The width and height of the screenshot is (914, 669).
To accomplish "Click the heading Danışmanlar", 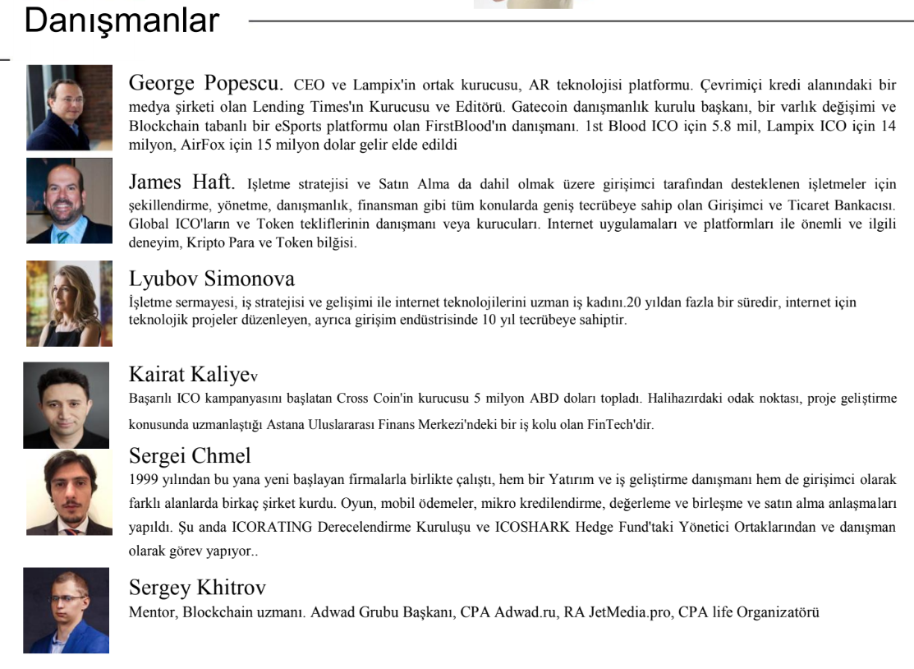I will click(122, 21).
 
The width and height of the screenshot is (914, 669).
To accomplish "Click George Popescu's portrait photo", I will click(69, 107).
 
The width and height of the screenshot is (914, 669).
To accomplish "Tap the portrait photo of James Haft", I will click(69, 201).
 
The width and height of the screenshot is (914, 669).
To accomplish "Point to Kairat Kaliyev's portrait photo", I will click(66, 405).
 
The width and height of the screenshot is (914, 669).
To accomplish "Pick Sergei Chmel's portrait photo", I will click(69, 492).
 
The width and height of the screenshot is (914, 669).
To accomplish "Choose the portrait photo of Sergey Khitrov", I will click(66, 610).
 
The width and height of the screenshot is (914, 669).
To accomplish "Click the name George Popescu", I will click(205, 83).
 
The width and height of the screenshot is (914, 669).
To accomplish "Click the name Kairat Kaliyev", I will click(193, 375).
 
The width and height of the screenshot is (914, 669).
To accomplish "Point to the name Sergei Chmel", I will click(190, 455).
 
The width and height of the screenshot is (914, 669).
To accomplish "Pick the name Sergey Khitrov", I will click(197, 588).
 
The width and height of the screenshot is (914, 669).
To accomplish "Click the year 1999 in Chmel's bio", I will click(144, 479).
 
